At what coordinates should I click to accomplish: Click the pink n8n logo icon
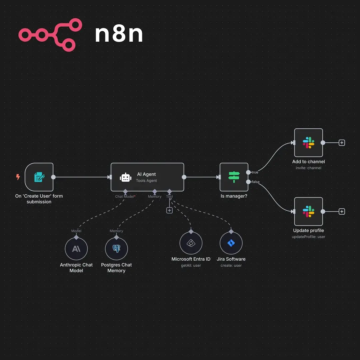click(x=50, y=35)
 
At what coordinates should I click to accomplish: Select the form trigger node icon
click(x=39, y=177)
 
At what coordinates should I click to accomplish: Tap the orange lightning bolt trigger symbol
click(x=18, y=177)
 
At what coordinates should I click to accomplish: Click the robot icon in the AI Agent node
click(x=125, y=177)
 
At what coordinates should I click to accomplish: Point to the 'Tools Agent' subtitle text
click(x=146, y=181)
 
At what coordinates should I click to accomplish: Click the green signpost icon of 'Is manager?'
click(x=234, y=177)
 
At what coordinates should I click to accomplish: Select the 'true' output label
click(x=255, y=172)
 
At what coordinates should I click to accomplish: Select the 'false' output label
click(x=256, y=182)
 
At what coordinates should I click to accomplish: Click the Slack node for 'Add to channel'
click(x=308, y=143)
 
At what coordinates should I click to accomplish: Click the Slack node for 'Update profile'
click(x=308, y=211)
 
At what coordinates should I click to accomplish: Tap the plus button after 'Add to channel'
click(x=342, y=143)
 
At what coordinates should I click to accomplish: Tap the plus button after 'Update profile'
click(x=342, y=211)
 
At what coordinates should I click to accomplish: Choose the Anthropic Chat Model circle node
click(x=76, y=249)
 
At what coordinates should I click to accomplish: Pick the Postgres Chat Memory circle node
click(x=116, y=249)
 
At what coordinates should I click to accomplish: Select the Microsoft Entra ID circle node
click(x=191, y=243)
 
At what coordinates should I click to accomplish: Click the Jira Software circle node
click(x=231, y=243)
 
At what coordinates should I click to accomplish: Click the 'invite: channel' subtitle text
click(x=308, y=168)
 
